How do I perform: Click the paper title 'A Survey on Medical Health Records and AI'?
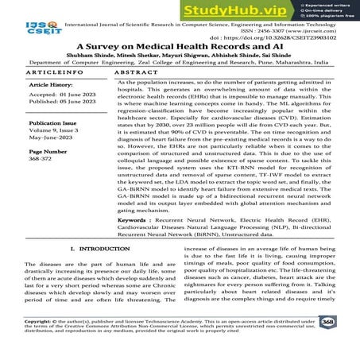tap(180, 46)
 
